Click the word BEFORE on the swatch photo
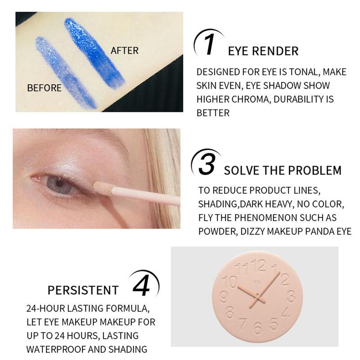click(x=44, y=88)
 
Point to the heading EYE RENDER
click(x=263, y=51)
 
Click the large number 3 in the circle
click(x=207, y=166)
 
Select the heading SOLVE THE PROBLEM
click(x=283, y=171)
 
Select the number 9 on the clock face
click(x=224, y=297)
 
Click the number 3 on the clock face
click(x=291, y=297)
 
